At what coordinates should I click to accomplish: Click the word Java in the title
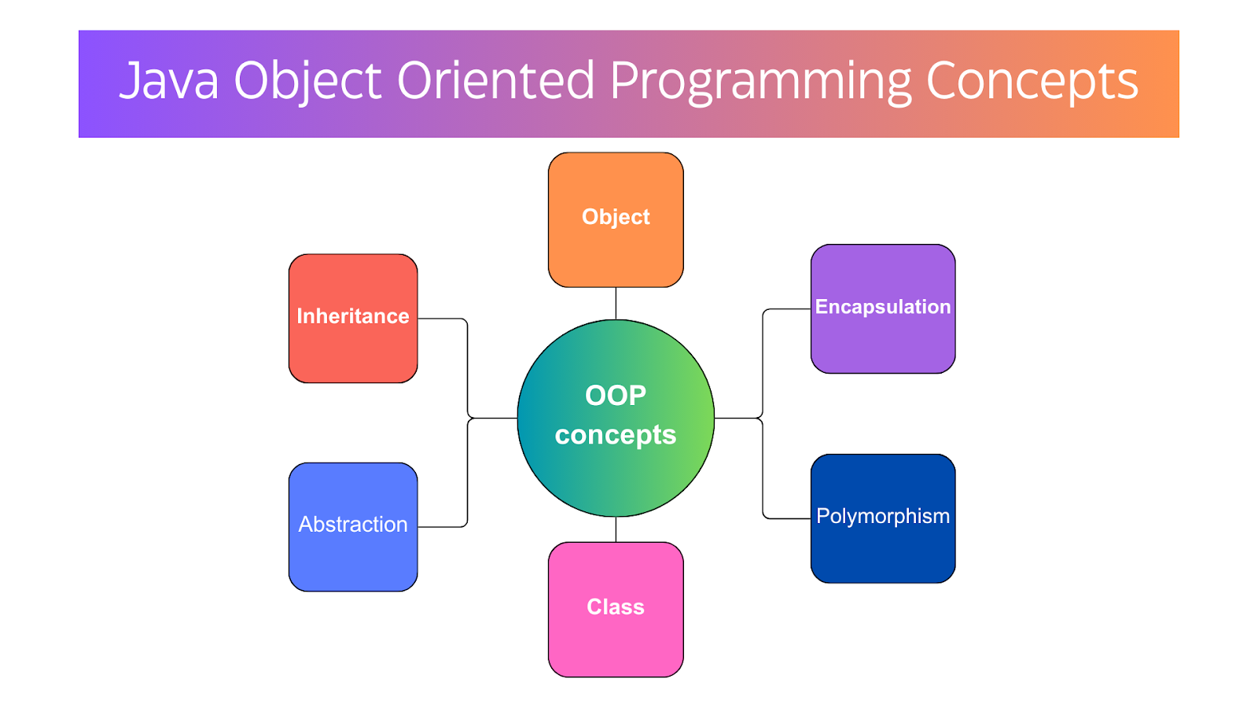point(169,80)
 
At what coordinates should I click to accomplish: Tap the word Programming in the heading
point(761,83)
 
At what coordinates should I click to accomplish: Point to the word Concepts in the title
point(1032,83)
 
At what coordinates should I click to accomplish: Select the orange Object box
point(616,219)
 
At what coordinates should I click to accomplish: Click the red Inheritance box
point(353,319)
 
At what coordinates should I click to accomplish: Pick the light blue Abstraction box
point(353,527)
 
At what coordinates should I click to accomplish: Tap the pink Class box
point(616,610)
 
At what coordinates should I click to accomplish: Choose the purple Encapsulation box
point(883,309)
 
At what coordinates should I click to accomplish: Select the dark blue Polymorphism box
point(883,518)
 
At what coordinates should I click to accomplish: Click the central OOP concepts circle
point(616,418)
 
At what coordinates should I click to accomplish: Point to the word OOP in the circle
point(616,396)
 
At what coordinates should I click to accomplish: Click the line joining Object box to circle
point(616,304)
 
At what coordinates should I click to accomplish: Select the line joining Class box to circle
point(616,529)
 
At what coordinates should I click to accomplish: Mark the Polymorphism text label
point(883,517)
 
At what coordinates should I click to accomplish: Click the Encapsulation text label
point(883,308)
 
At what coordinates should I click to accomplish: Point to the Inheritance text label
point(353,316)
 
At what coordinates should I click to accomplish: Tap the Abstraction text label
point(353,524)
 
